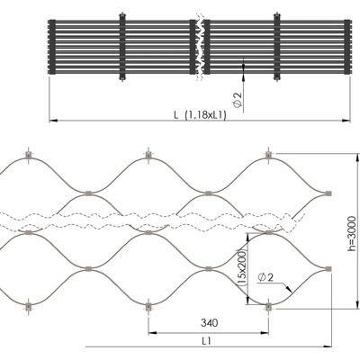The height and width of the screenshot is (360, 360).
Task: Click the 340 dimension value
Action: click(210, 323)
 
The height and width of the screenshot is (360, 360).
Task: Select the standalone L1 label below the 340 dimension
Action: click(206, 340)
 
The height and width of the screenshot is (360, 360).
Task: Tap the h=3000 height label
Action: click(352, 234)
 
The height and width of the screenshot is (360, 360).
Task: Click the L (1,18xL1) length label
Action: click(200, 115)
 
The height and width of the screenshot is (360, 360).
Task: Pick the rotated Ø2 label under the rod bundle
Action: click(238, 100)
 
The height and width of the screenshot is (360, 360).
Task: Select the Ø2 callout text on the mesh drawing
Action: click(265, 278)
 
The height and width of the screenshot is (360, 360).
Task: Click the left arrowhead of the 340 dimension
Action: click(152, 333)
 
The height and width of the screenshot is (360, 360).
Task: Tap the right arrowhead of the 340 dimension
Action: click(265, 333)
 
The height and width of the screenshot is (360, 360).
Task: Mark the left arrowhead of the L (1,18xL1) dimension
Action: click(53, 121)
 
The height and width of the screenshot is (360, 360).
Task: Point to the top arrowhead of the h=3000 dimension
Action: click(357, 157)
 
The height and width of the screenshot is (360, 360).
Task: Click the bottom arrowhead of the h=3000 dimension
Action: click(357, 304)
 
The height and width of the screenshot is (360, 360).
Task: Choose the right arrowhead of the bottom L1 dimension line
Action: click(328, 346)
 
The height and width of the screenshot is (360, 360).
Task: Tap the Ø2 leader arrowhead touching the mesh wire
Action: click(289, 289)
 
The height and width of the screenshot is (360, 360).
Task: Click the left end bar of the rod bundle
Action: click(52, 47)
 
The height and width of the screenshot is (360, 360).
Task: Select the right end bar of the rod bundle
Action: click(347, 47)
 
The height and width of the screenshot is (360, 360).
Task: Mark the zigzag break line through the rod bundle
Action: click(200, 47)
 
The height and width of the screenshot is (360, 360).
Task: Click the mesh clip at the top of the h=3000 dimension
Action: click(268, 155)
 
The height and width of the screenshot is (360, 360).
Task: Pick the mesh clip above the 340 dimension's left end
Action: click(148, 307)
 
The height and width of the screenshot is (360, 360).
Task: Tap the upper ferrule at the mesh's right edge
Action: click(328, 193)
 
